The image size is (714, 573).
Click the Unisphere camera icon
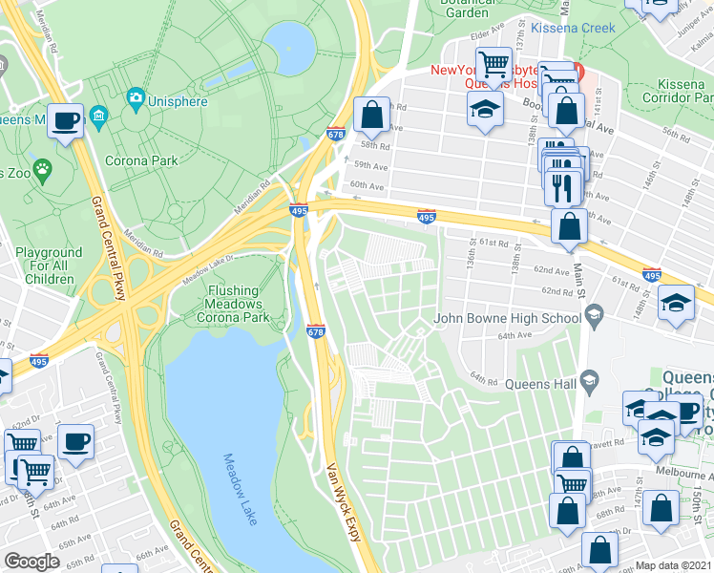click(x=136, y=97)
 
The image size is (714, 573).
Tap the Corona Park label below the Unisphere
click(x=140, y=160)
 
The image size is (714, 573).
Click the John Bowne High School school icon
click(x=594, y=313)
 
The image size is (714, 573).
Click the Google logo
click(x=31, y=562)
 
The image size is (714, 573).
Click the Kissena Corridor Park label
click(x=673, y=91)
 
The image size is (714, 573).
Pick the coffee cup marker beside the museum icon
click(x=66, y=120)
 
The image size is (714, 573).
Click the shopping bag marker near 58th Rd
click(x=370, y=116)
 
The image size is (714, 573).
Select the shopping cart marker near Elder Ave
click(x=493, y=65)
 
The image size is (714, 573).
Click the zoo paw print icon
click(x=43, y=170)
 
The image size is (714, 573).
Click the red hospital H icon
click(x=578, y=71)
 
